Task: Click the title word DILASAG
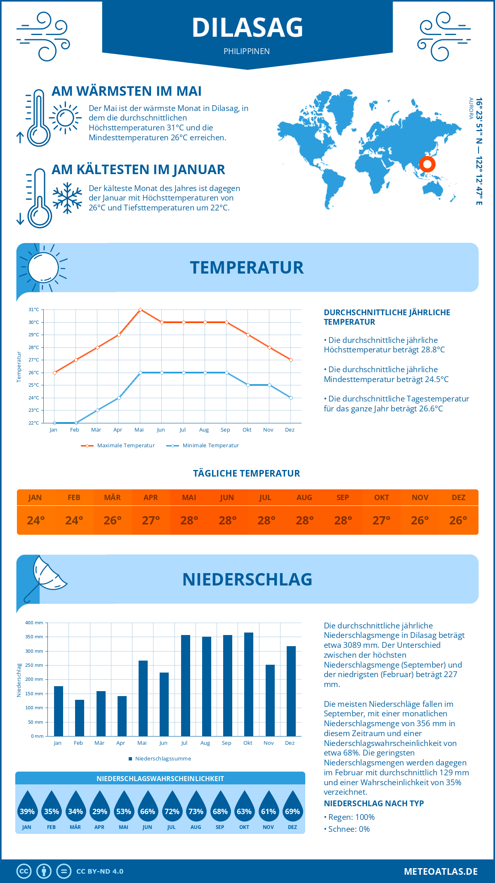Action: tap(247, 28)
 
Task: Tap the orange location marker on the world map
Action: tap(427, 164)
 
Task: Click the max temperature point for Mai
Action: tap(141, 309)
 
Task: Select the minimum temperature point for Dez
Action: tap(291, 398)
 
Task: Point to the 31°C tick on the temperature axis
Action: tap(34, 309)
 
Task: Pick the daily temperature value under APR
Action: tap(151, 520)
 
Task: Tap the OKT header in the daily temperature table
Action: tap(382, 498)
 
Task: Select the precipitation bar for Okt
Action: tap(249, 684)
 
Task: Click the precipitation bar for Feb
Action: tap(80, 718)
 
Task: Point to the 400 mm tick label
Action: tap(34, 623)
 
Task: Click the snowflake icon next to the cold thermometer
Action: tap(67, 198)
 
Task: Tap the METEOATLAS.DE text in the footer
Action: tap(441, 871)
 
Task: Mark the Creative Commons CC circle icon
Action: tap(24, 871)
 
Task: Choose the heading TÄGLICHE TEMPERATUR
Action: tap(247, 473)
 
